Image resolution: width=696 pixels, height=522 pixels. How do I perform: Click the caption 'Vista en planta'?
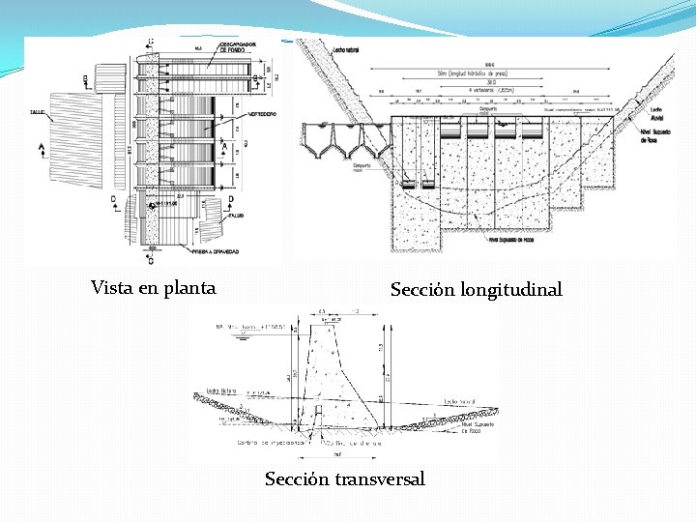(153, 287)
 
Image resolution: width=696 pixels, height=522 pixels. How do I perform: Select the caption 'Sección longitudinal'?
(476, 289)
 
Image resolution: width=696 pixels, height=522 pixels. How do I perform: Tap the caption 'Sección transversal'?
(345, 478)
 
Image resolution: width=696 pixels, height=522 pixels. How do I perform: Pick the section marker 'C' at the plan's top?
(151, 42)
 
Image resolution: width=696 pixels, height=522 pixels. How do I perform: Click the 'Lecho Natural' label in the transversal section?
(222, 391)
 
